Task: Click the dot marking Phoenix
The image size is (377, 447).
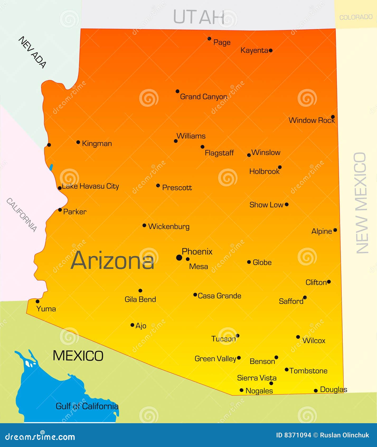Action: (x=179, y=257)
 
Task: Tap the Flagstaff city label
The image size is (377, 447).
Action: (x=219, y=153)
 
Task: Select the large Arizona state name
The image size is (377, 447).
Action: (x=112, y=261)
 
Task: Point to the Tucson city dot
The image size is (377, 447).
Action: (x=238, y=336)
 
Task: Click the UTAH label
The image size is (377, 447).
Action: (x=199, y=17)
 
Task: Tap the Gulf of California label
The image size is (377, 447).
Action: (x=87, y=406)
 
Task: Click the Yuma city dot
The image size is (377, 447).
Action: (x=37, y=301)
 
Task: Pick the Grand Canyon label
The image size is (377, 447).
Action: (x=203, y=97)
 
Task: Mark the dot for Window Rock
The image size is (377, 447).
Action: (x=333, y=117)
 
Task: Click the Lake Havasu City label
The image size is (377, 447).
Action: (x=90, y=186)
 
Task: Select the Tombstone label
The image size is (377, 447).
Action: (x=308, y=371)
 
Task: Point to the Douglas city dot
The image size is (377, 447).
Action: (x=316, y=391)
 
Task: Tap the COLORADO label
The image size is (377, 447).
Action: (x=356, y=17)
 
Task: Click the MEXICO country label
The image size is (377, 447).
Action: (x=78, y=356)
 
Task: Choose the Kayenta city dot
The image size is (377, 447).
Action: (x=271, y=50)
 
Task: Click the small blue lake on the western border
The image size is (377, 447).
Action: (x=51, y=167)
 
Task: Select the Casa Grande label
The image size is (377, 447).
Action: (x=219, y=296)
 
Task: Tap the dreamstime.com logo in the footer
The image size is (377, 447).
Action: (x=40, y=436)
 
